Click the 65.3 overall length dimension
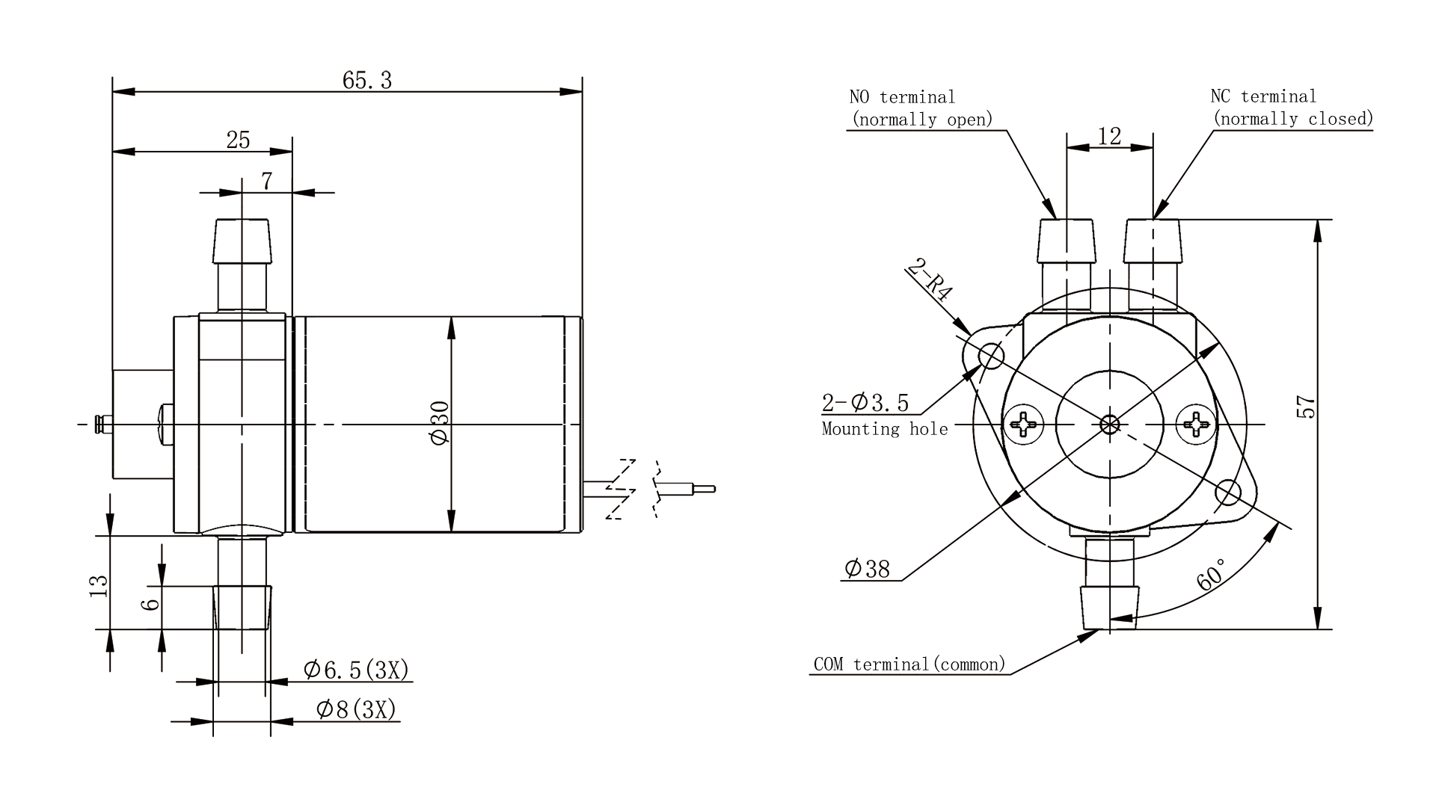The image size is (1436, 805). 366,80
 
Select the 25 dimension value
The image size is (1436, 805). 238,140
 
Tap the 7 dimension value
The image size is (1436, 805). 267,181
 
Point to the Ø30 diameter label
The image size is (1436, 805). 440,423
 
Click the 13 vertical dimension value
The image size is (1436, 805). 99,585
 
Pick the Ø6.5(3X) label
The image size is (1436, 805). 356,670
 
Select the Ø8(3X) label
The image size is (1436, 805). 356,709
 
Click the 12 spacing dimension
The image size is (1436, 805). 1110,136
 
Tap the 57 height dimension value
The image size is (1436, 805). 1306,407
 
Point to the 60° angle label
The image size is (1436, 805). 1212,574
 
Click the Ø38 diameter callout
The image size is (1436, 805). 867,569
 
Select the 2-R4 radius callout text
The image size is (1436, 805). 931,280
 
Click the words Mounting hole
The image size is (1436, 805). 885,429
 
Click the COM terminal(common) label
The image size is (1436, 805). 909,664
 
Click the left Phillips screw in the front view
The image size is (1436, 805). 1025,425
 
